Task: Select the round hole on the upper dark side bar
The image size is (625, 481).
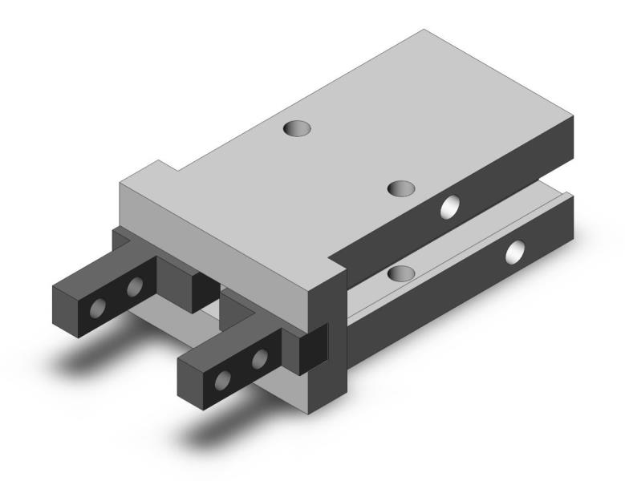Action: (x=450, y=208)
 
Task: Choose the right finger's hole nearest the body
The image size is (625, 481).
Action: (x=259, y=357)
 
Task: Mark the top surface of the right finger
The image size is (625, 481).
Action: (x=233, y=341)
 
